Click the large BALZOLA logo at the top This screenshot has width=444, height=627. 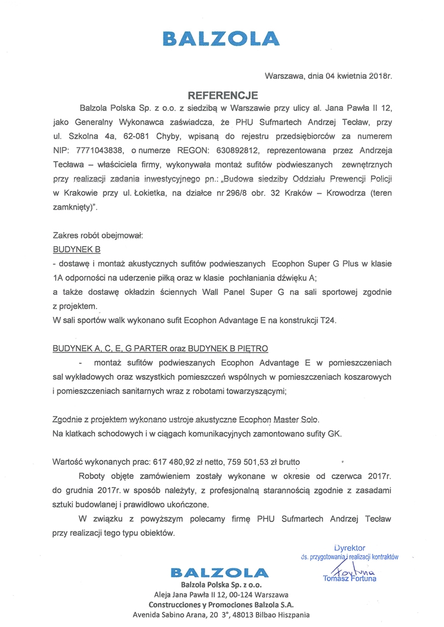pyautogui.click(x=221, y=38)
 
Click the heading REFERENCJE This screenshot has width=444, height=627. pyautogui.click(x=222, y=94)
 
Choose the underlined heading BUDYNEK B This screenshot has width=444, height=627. pyautogui.click(x=77, y=249)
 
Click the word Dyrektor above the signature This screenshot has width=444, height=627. pyautogui.click(x=350, y=547)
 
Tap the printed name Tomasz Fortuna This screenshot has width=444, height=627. pyautogui.click(x=349, y=578)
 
